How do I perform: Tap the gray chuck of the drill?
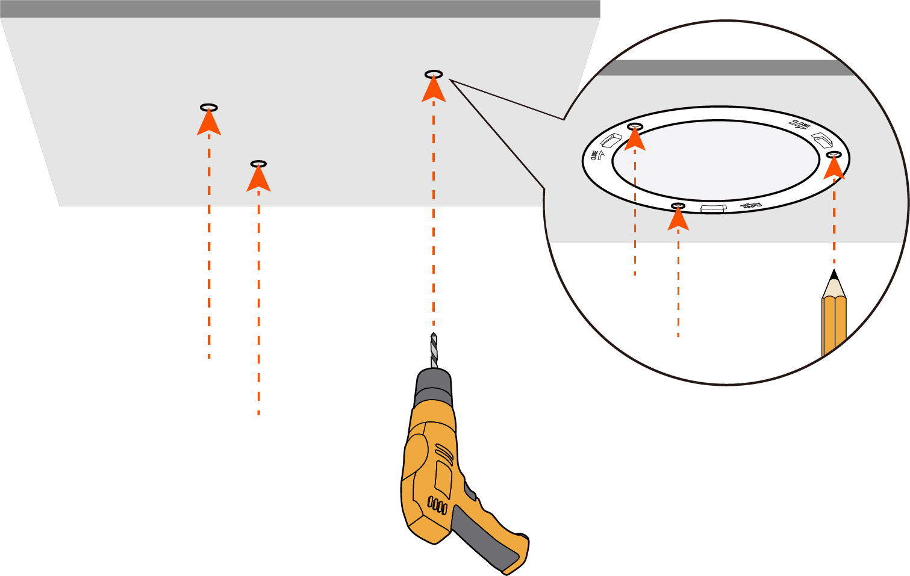click(x=434, y=388)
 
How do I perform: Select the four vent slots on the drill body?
click(x=437, y=505)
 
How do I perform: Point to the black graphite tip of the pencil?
click(x=834, y=276)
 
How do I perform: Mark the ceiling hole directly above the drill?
click(x=434, y=74)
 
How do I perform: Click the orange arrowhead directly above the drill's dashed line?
click(x=434, y=90)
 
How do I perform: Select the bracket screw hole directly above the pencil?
click(x=834, y=155)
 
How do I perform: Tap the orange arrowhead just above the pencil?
click(x=834, y=168)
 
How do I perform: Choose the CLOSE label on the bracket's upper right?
click(x=801, y=125)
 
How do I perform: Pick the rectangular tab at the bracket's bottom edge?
click(x=714, y=208)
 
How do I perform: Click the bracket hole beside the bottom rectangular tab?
click(x=678, y=206)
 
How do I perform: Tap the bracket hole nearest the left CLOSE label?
click(x=635, y=127)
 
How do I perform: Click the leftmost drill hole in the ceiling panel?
click(x=209, y=108)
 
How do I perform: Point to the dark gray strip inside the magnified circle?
click(x=723, y=68)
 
